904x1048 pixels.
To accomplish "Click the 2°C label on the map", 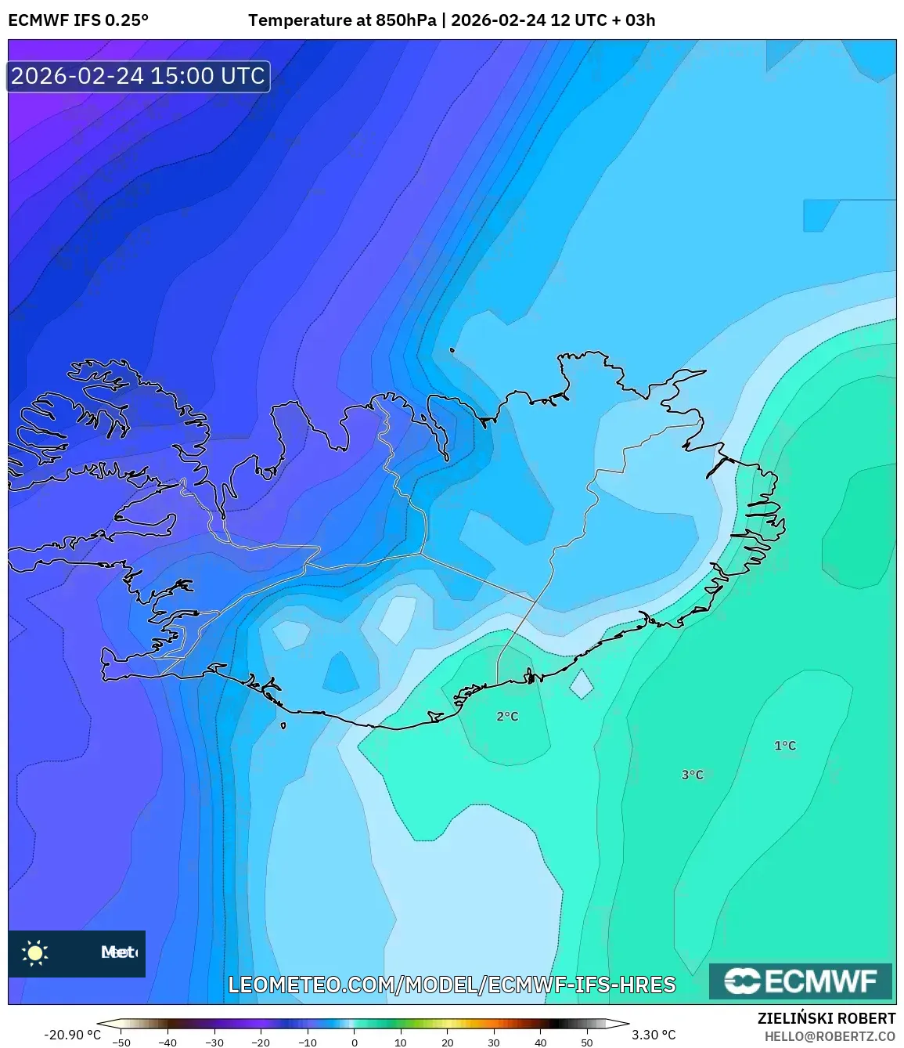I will (507, 716).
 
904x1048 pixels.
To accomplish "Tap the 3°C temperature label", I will (692, 775).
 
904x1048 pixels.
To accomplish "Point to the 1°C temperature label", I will (784, 746).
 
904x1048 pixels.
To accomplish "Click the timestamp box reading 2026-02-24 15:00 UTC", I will (139, 76).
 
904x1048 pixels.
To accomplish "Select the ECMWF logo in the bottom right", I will (800, 981).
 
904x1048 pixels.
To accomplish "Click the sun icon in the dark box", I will (34, 953).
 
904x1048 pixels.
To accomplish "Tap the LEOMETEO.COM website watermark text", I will (452, 985).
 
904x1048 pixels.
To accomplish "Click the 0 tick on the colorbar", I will (355, 1042).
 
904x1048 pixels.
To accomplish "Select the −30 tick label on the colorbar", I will (214, 1042).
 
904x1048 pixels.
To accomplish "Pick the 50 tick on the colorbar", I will (587, 1042).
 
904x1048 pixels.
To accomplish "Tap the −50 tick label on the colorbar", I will (121, 1042).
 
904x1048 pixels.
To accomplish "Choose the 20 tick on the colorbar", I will (448, 1042).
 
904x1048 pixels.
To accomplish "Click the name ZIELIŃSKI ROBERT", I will (826, 1018).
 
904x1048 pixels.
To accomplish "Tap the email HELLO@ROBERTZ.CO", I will (830, 1036).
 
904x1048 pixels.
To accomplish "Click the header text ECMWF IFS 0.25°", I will (78, 20).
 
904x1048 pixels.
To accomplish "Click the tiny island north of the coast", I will (452, 350).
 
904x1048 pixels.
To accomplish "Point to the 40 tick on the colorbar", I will (541, 1042).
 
